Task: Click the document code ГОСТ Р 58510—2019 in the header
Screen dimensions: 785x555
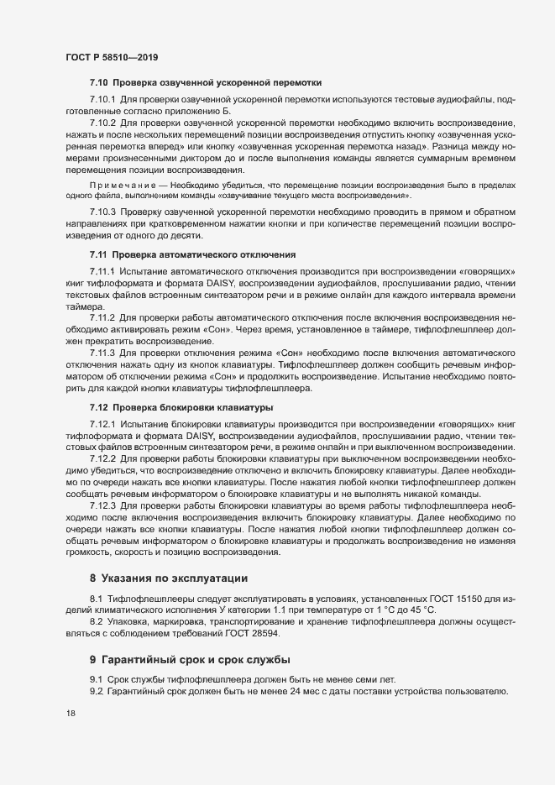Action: click(x=112, y=57)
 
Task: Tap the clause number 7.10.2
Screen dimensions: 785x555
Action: click(x=102, y=122)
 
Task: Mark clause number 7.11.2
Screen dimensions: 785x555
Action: click(x=102, y=318)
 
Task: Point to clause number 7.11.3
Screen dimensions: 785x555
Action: click(x=102, y=354)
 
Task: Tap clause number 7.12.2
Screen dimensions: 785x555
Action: click(x=102, y=460)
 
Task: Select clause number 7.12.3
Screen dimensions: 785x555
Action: click(x=102, y=507)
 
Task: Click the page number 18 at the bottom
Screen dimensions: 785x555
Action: click(x=71, y=714)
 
